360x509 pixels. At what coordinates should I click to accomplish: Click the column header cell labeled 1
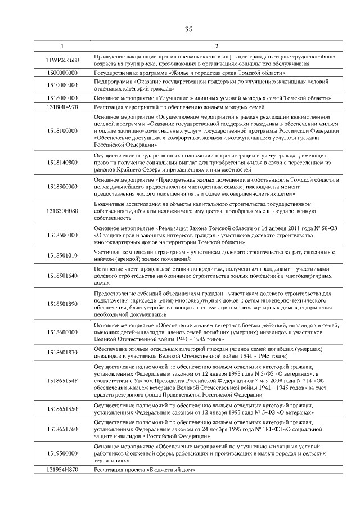(x=62, y=46)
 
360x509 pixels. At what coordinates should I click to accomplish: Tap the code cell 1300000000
(x=62, y=73)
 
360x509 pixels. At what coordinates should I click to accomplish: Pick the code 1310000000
(x=62, y=85)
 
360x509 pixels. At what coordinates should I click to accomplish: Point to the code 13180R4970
(x=62, y=106)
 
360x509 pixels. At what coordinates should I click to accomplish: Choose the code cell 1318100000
(x=62, y=130)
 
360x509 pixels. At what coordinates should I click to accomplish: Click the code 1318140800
(x=62, y=163)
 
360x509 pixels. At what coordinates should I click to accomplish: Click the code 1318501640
(x=62, y=276)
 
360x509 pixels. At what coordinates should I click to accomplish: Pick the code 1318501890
(x=62, y=304)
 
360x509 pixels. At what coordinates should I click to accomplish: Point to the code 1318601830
(x=62, y=352)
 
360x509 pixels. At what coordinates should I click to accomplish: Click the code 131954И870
(x=62, y=469)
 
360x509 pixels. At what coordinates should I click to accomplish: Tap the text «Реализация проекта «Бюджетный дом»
(x=145, y=469)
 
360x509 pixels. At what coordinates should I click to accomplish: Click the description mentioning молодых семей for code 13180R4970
(x=179, y=106)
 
